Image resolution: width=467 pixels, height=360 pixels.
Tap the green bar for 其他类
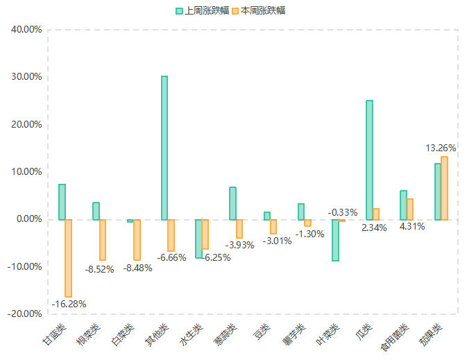164,148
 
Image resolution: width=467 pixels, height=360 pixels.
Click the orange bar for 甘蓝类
69,258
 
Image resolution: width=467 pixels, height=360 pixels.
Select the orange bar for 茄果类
444,188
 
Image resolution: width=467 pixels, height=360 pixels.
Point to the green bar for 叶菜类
335,240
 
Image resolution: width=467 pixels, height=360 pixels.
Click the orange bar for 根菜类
103,239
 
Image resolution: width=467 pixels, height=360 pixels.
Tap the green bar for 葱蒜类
232,203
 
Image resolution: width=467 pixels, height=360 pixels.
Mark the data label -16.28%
69,304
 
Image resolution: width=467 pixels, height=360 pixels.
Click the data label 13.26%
441,148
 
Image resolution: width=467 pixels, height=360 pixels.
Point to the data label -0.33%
343,212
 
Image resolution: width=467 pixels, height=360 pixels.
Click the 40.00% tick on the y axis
26,30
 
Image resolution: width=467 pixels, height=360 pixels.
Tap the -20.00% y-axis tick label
25,314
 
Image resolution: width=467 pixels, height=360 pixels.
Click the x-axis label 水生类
191,336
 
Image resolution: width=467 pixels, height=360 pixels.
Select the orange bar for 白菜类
137,239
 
